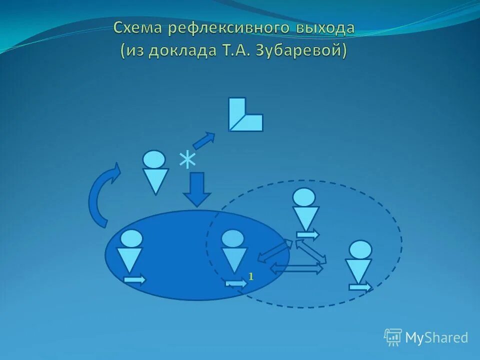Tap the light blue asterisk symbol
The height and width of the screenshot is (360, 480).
(x=187, y=160)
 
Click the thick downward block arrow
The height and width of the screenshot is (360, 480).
(x=197, y=189)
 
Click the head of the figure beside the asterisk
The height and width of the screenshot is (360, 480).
(x=154, y=159)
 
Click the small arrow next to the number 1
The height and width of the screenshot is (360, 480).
(x=236, y=283)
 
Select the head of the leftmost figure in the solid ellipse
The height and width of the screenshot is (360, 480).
(x=131, y=238)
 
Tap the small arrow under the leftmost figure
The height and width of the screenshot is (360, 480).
(x=134, y=280)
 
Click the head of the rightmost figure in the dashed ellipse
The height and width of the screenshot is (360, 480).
(x=360, y=249)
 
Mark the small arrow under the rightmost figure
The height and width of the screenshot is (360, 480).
(x=360, y=287)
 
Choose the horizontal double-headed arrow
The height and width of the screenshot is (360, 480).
(x=296, y=268)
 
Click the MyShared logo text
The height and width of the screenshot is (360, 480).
(x=436, y=337)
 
